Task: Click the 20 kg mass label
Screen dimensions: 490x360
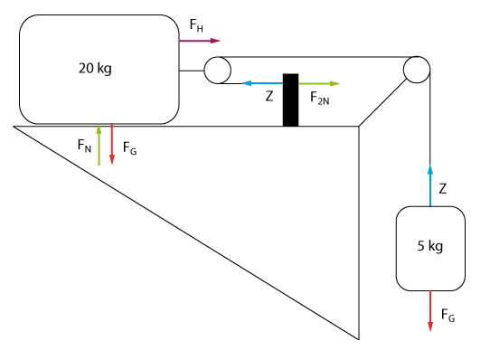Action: (x=95, y=68)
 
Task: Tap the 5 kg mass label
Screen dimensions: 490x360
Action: (x=430, y=246)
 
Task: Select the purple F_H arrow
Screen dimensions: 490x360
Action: (x=200, y=41)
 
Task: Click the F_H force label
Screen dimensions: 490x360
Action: (x=196, y=25)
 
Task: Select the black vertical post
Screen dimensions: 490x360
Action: (x=290, y=100)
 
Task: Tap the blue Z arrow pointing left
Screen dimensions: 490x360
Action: (x=262, y=83)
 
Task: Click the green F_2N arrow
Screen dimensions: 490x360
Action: (x=319, y=83)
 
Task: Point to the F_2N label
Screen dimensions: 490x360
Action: (x=319, y=98)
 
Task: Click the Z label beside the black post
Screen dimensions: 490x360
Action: (x=269, y=96)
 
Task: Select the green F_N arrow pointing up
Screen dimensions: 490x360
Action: (x=99, y=145)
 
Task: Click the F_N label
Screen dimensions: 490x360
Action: (x=84, y=146)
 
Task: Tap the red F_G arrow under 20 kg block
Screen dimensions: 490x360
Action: (x=112, y=144)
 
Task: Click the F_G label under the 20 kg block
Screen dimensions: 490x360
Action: (x=129, y=148)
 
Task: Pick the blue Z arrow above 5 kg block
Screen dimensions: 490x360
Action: (x=430, y=185)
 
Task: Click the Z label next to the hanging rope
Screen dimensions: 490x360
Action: (x=442, y=189)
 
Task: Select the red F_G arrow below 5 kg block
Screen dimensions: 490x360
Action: (x=430, y=311)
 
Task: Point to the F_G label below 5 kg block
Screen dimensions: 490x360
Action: (x=448, y=315)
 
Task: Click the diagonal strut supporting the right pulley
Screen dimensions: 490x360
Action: (x=383, y=103)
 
